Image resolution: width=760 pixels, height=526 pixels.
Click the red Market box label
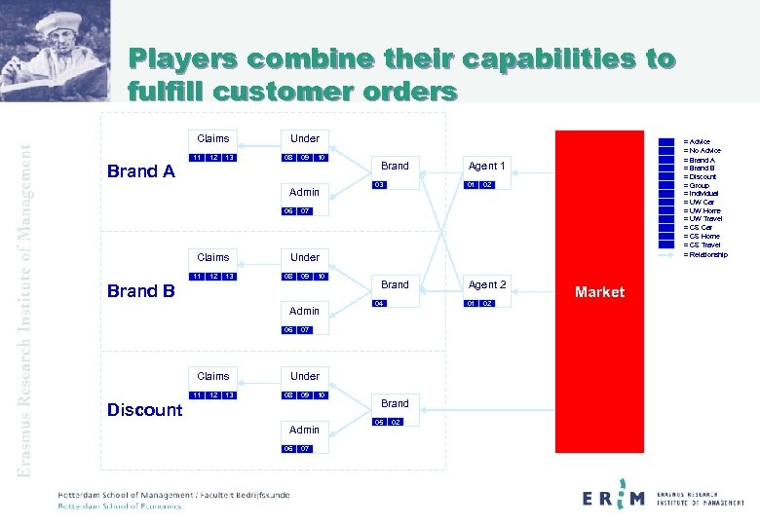pos(599,292)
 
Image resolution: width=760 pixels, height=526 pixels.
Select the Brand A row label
pos(141,172)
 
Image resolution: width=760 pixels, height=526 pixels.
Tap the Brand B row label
pos(141,291)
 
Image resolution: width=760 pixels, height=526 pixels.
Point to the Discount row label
pos(144,410)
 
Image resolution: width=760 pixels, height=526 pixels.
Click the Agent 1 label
pos(487,166)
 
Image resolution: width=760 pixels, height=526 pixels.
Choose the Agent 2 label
pos(487,284)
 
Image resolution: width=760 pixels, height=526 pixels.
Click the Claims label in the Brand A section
pos(213,138)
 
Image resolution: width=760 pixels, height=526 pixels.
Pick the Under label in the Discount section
pos(304,376)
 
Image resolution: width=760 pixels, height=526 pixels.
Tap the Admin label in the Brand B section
pos(304,311)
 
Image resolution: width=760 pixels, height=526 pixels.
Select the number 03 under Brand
pos(381,185)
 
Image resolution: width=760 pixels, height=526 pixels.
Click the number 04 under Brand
pos(381,304)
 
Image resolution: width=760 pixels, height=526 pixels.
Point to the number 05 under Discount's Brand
pos(381,423)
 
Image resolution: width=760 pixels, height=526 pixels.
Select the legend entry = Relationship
pos(704,254)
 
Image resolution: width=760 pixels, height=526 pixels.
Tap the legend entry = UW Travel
pos(703,219)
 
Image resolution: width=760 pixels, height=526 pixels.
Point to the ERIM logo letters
pos(614,499)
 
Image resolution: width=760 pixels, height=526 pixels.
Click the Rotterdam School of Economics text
pos(120,506)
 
